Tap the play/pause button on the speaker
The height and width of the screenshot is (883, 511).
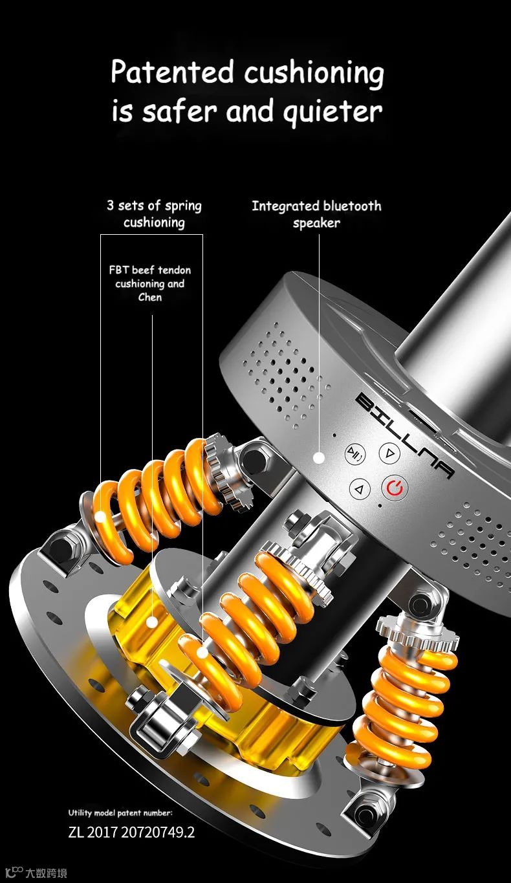tap(355, 454)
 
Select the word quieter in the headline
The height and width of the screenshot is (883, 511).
tap(332, 112)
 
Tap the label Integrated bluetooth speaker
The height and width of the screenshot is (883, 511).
tap(316, 214)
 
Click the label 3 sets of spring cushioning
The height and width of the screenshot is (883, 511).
tap(154, 213)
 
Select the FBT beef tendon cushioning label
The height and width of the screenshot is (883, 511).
tap(150, 283)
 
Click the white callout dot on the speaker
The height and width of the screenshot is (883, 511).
tap(319, 457)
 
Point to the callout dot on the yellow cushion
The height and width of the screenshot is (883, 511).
tap(152, 622)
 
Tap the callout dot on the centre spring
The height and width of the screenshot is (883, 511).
tap(202, 653)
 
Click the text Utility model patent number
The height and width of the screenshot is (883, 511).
tap(120, 812)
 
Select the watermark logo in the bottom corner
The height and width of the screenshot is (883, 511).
tap(36, 873)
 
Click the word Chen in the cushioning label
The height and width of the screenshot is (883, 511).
tap(150, 297)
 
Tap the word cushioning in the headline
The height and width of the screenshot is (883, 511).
tap(314, 74)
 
